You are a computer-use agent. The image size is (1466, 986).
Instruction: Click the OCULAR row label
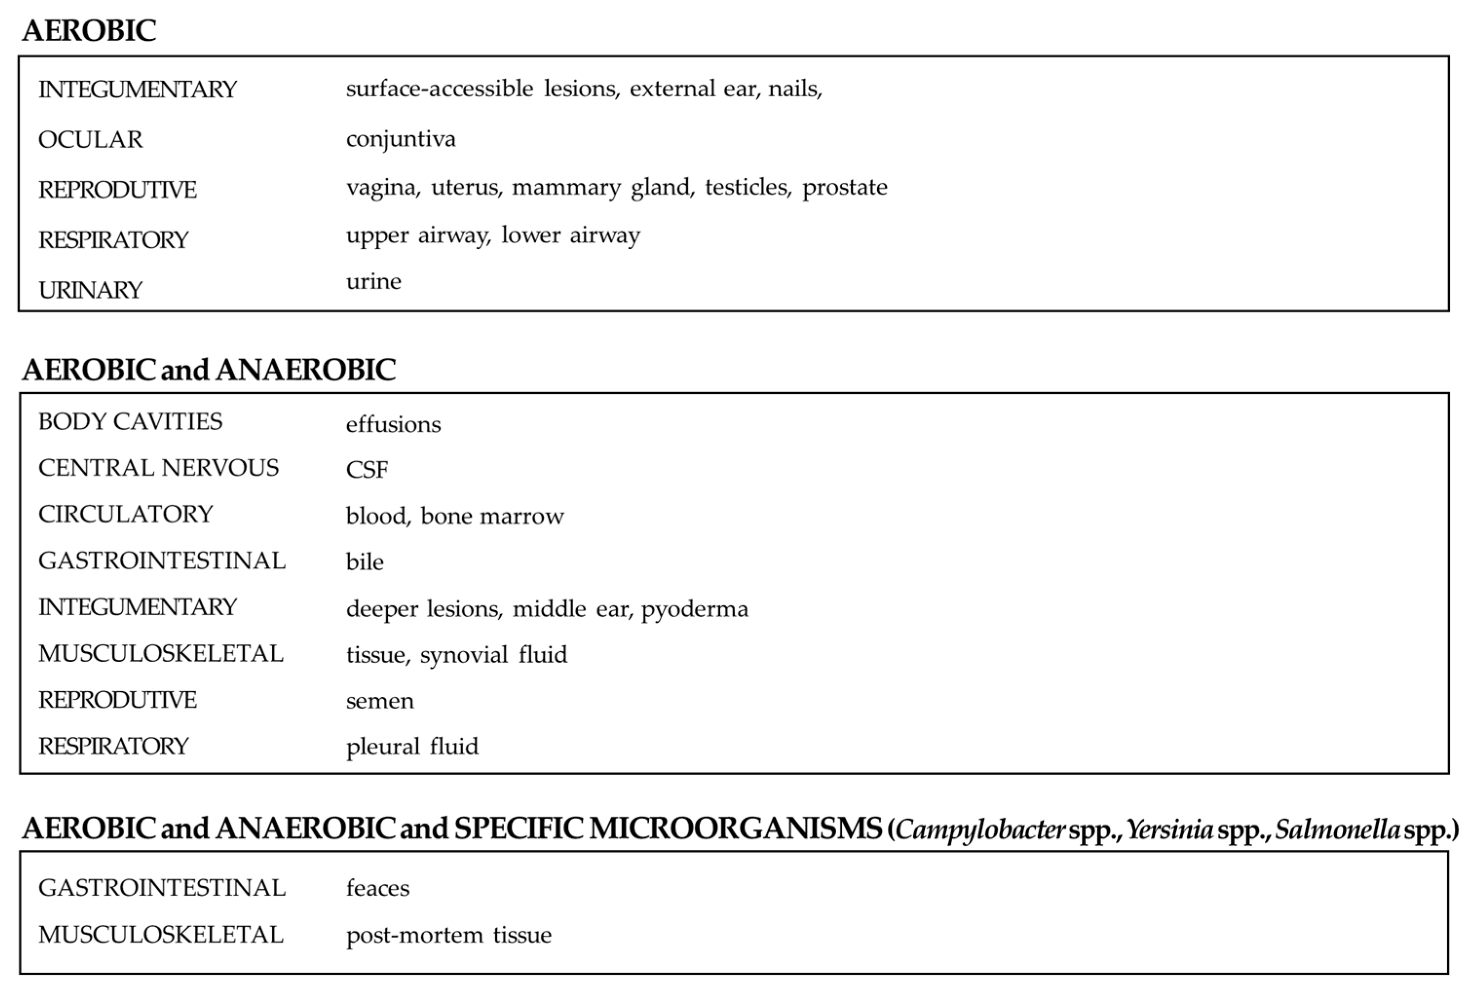coord(91,140)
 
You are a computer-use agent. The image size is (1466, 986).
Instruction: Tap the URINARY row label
coord(91,290)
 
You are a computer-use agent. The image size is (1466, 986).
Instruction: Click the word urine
coord(373,281)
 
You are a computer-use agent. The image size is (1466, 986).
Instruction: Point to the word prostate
coord(845,187)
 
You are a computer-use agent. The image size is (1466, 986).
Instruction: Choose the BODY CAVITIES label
coord(130,421)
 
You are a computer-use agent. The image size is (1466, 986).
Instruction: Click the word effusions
coord(393,424)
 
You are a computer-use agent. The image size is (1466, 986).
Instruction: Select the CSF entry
coord(367,470)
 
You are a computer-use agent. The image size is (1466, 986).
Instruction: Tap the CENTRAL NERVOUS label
coord(159,468)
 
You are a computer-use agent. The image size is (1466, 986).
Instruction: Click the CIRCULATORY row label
coord(126,514)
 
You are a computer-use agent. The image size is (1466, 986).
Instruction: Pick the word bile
coord(364,562)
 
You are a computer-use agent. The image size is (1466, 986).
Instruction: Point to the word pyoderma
coord(695,609)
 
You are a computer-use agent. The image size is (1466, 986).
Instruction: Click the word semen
coord(379,700)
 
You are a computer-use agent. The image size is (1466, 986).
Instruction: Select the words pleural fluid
coord(412,747)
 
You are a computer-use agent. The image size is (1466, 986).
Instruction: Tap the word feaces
coord(377,888)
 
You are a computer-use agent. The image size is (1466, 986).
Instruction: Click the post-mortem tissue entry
coord(449,934)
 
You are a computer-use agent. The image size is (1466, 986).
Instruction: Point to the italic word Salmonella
coord(1337,829)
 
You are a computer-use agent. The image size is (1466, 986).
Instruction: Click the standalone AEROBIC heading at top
coord(89,30)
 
